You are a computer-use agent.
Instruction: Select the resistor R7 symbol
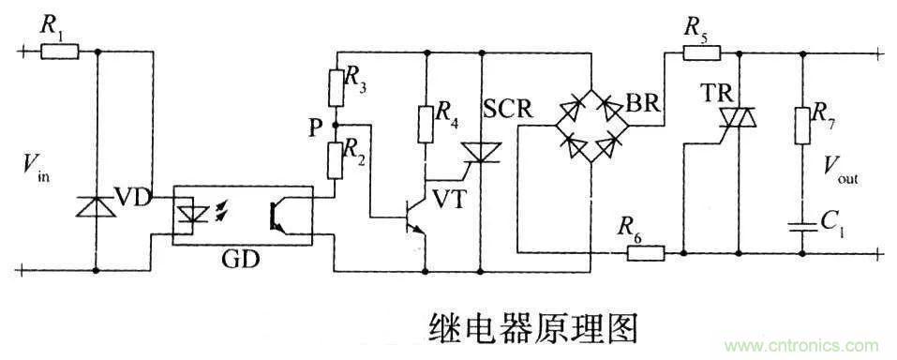803,125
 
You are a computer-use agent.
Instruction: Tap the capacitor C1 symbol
803,223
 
